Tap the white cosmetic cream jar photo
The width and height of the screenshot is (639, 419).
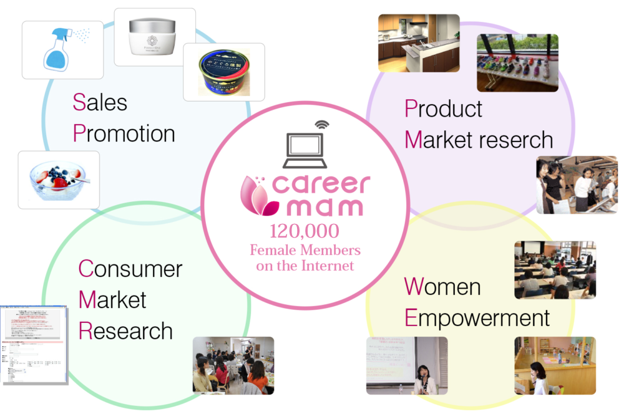pos(154,37)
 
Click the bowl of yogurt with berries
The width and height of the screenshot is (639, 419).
pos(59,180)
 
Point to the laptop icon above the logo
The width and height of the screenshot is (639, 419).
pos(304,150)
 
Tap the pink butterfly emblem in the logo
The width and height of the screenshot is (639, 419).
pos(255,195)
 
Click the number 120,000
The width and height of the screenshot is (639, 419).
pos(305,232)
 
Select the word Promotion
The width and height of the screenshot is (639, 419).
pos(124,133)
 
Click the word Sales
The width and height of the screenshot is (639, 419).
pos(100,102)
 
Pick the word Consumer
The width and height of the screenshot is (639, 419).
pos(130,269)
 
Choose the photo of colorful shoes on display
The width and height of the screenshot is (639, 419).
pos(517,62)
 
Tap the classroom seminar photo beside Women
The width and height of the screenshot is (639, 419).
pos(555,270)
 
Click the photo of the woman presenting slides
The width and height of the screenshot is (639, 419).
pos(406,365)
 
